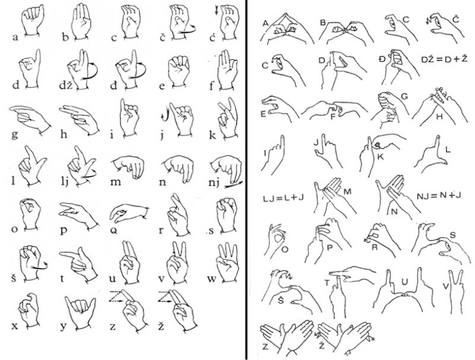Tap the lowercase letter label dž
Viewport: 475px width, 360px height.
click(65, 85)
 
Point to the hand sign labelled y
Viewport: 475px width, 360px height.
click(81, 312)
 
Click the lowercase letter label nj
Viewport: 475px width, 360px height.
click(215, 183)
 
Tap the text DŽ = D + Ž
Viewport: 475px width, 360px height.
click(444, 59)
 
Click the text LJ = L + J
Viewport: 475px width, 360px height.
click(284, 198)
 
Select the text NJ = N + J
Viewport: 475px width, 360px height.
click(439, 195)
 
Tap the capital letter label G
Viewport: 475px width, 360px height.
click(404, 97)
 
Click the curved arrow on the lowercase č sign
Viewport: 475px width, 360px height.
click(187, 30)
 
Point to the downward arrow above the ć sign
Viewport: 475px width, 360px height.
click(216, 11)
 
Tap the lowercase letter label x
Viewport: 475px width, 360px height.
click(14, 326)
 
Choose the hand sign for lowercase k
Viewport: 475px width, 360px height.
click(227, 118)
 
